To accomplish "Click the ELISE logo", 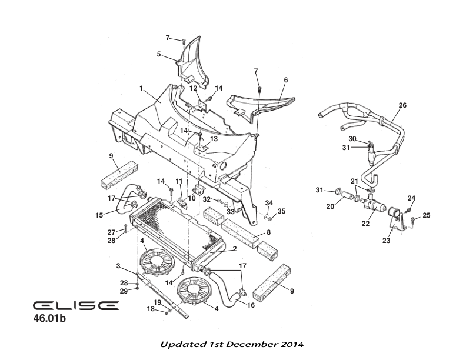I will point(75,306).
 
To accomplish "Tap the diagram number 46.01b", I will point(52,320).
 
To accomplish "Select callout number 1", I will point(141,88).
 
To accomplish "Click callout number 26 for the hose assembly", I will point(402,106).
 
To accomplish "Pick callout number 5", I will point(159,54).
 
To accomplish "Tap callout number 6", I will point(286,79).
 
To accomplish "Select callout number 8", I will point(268,232).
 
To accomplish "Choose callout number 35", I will point(281,211).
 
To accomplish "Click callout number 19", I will point(158,302).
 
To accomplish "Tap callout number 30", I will point(352,139).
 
